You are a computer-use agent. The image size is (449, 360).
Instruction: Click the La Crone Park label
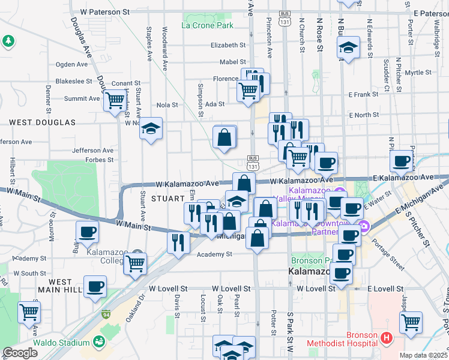pos(207,26)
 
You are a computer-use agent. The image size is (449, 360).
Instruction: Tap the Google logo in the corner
pos(20,352)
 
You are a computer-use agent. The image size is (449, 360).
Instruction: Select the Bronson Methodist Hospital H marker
pos(387,338)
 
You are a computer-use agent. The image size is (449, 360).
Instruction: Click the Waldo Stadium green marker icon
pos(100,343)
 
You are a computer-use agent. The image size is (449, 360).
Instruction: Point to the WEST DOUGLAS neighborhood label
pos(42,122)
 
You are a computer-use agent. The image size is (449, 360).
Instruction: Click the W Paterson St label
pos(104,11)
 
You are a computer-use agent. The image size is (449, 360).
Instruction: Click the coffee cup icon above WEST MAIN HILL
pos(95,285)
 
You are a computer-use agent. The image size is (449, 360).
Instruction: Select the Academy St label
pos(214,254)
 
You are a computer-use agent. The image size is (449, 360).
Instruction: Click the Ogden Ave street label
pos(71,64)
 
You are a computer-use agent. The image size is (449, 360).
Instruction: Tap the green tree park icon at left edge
pos(8,41)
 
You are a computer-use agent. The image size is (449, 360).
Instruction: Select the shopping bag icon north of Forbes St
pos(224,137)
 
